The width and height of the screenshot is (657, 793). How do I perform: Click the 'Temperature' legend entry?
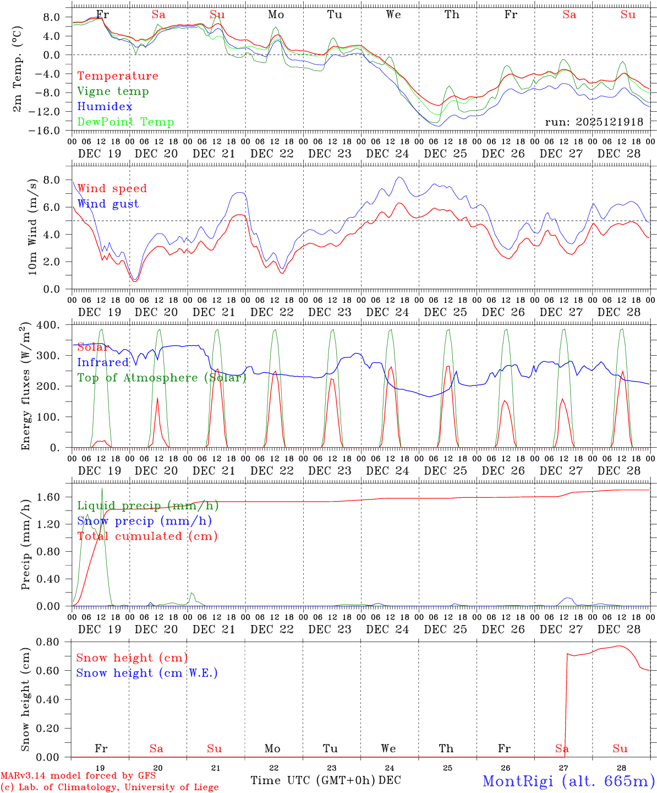(x=118, y=76)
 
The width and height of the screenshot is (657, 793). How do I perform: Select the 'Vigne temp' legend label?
(x=113, y=91)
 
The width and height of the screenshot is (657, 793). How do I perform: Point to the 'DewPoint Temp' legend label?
(x=125, y=122)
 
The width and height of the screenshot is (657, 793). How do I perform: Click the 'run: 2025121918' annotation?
(x=594, y=122)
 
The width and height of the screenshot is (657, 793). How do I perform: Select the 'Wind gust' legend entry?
(x=108, y=204)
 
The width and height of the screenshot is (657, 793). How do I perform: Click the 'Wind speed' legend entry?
(x=112, y=188)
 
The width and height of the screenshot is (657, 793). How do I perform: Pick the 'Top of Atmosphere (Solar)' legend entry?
(x=162, y=378)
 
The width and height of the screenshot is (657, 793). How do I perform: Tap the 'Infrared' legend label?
(x=103, y=362)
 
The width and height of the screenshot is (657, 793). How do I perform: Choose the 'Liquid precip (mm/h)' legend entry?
(x=148, y=506)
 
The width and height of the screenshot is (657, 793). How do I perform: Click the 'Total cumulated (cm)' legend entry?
(x=147, y=536)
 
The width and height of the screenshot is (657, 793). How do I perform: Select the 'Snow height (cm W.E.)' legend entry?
(x=147, y=673)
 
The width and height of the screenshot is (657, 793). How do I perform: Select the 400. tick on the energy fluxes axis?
(x=49, y=325)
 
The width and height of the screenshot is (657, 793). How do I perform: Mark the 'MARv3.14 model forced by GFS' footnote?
(x=78, y=776)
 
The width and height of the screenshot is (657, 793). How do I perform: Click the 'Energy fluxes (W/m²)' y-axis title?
(x=26, y=388)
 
